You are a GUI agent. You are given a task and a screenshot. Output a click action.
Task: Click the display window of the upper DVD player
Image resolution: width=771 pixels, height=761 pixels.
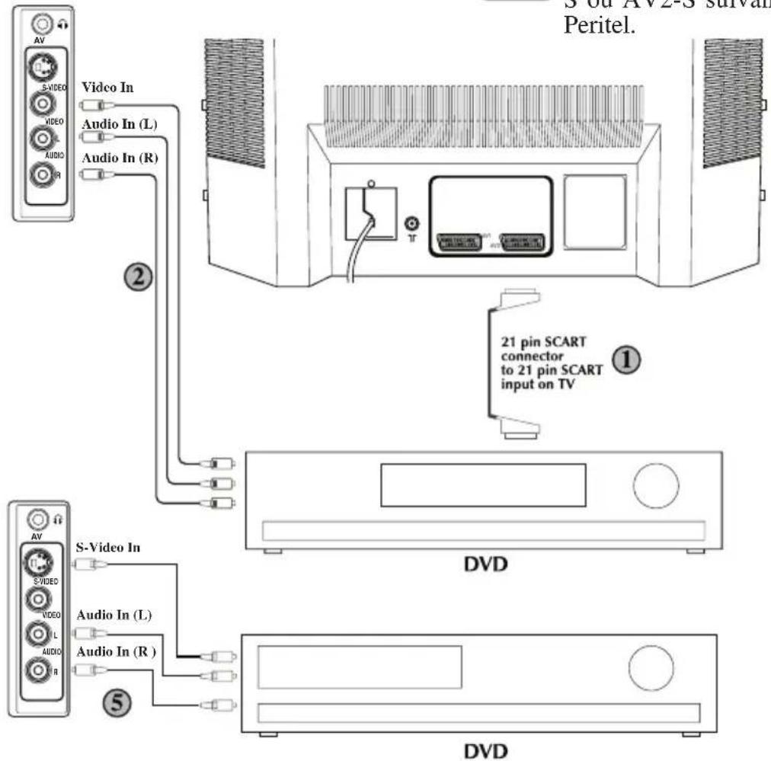click(478, 485)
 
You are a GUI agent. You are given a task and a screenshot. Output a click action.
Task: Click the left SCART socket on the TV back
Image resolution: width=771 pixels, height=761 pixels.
click(458, 245)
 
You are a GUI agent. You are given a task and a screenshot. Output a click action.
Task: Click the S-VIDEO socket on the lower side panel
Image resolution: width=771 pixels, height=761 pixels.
click(35, 564)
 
